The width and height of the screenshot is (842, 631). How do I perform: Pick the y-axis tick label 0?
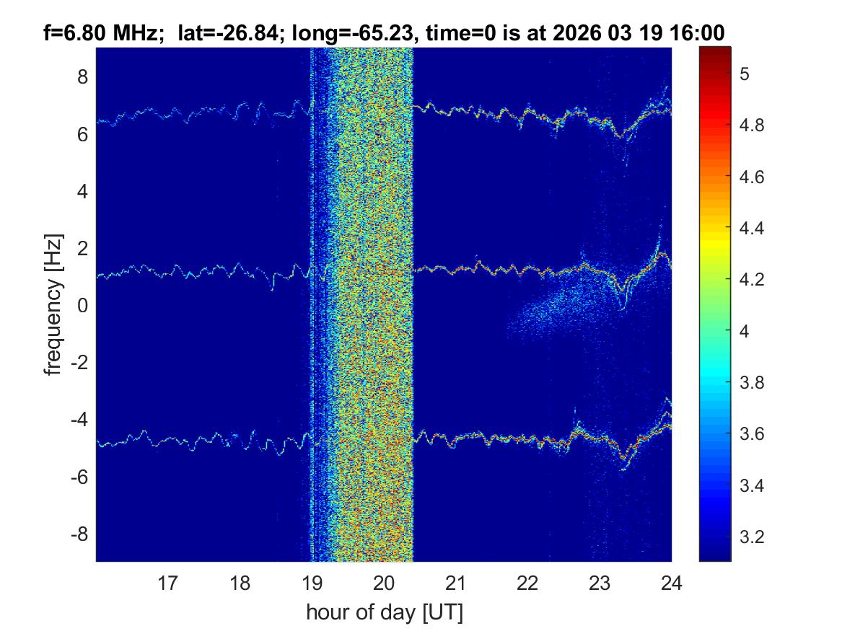click(x=83, y=305)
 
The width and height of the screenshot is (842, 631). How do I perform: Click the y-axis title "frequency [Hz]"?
click(x=53, y=304)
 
